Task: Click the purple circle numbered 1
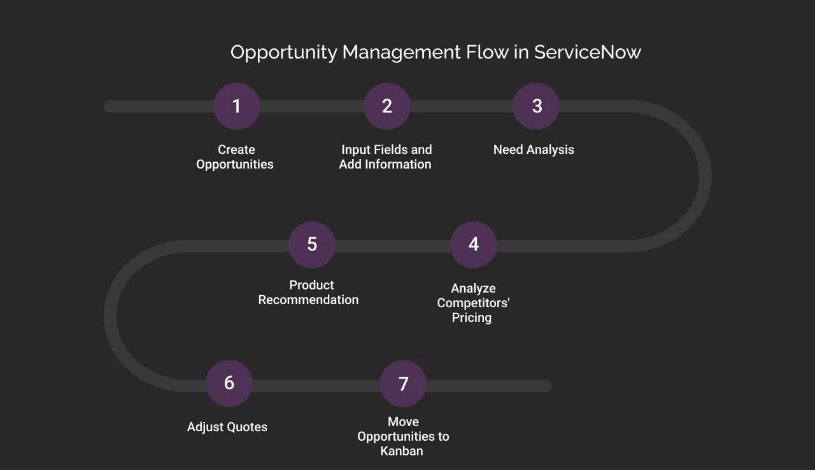(236, 106)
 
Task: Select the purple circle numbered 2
(387, 106)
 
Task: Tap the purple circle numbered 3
(536, 106)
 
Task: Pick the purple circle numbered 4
(473, 245)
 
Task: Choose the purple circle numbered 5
(312, 245)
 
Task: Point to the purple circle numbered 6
(229, 384)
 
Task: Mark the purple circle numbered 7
(403, 384)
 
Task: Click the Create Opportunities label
(236, 157)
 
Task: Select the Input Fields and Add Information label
(386, 157)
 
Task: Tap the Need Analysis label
(534, 150)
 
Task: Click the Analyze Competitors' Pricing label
(473, 303)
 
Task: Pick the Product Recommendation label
(309, 293)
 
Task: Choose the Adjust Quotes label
(227, 427)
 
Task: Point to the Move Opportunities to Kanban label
(403, 436)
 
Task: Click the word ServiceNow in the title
(587, 52)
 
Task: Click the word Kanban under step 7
(402, 451)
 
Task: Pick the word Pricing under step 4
(472, 317)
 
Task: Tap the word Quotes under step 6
(248, 427)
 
